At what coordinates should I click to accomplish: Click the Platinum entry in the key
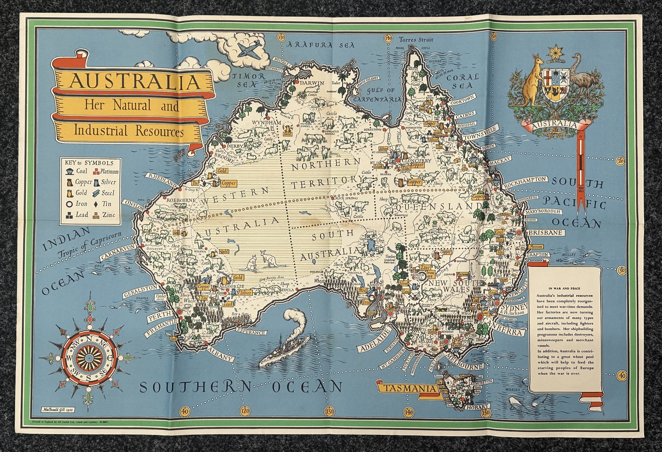point(106,172)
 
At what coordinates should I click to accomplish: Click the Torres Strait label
point(416,40)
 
